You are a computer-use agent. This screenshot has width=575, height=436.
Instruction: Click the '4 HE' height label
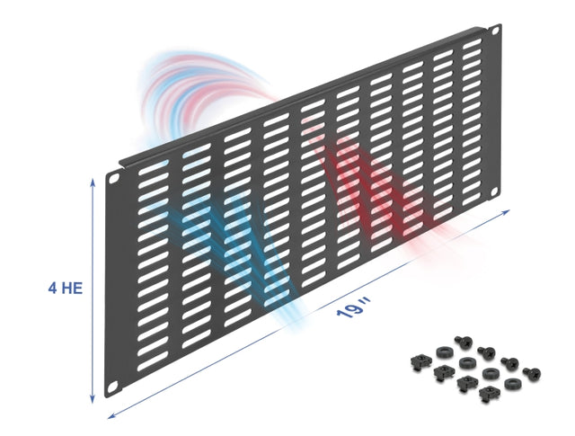coord(66,288)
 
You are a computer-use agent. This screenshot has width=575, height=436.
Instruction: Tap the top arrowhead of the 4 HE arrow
coord(93,182)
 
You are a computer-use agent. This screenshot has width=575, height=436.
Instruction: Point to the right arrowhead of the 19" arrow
coord(506,212)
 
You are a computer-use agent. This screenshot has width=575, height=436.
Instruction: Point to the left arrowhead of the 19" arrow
coord(111,415)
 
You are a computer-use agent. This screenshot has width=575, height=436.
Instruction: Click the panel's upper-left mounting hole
coord(115,178)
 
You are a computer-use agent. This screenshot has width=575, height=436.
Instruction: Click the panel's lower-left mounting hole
coord(113,386)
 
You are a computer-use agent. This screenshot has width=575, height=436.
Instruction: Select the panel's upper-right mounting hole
coord(496,31)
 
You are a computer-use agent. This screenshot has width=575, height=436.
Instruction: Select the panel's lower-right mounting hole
coord(494,192)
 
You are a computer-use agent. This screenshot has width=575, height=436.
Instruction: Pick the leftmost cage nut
coord(418,362)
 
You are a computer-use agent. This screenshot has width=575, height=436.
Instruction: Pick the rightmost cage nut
coord(488,393)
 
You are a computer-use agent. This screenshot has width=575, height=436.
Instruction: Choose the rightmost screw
coord(532,373)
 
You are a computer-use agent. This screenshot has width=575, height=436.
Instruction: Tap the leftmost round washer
coord(443,352)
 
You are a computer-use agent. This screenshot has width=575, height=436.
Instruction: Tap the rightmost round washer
coord(511,384)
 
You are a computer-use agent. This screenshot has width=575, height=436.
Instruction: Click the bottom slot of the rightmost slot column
coord(472,200)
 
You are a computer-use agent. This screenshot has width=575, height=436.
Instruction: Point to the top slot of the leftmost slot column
coord(154,167)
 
